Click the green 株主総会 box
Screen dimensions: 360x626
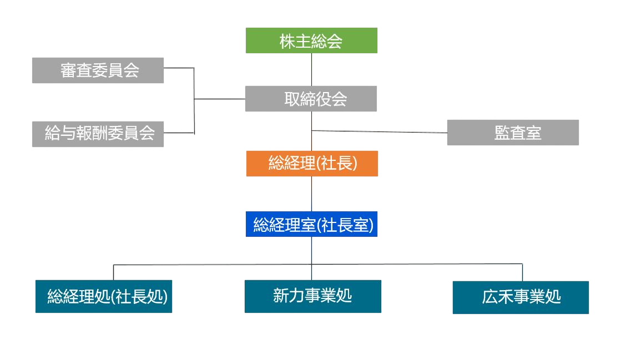pyautogui.click(x=311, y=40)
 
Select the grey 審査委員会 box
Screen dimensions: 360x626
pyautogui.click(x=98, y=70)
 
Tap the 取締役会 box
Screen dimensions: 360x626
pyautogui.click(x=311, y=99)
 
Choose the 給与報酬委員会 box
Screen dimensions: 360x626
pyautogui.click(x=98, y=134)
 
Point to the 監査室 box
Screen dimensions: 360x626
pyautogui.click(x=513, y=133)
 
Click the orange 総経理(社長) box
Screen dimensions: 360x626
pyautogui.click(x=312, y=164)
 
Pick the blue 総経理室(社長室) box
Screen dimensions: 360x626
pyautogui.click(x=311, y=224)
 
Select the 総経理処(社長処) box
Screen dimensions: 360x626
pyautogui.click(x=104, y=297)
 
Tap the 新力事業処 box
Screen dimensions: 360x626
pyautogui.click(x=312, y=296)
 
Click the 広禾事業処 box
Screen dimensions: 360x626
pyautogui.click(x=521, y=297)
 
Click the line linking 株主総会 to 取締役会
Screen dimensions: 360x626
pyautogui.click(x=311, y=69)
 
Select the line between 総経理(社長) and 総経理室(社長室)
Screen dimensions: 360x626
pyautogui.click(x=311, y=194)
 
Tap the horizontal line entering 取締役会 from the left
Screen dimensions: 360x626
pyautogui.click(x=219, y=99)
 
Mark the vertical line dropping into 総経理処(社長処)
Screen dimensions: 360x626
pyautogui.click(x=114, y=272)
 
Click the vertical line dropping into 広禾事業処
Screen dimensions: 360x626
pyautogui.click(x=522, y=272)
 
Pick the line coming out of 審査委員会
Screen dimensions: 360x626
pyautogui.click(x=179, y=68)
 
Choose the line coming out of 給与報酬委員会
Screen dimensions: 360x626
pyautogui.click(x=179, y=133)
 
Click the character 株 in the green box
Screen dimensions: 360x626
pyautogui.click(x=287, y=41)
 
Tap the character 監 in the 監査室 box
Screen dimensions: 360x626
pyautogui.click(x=502, y=133)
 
